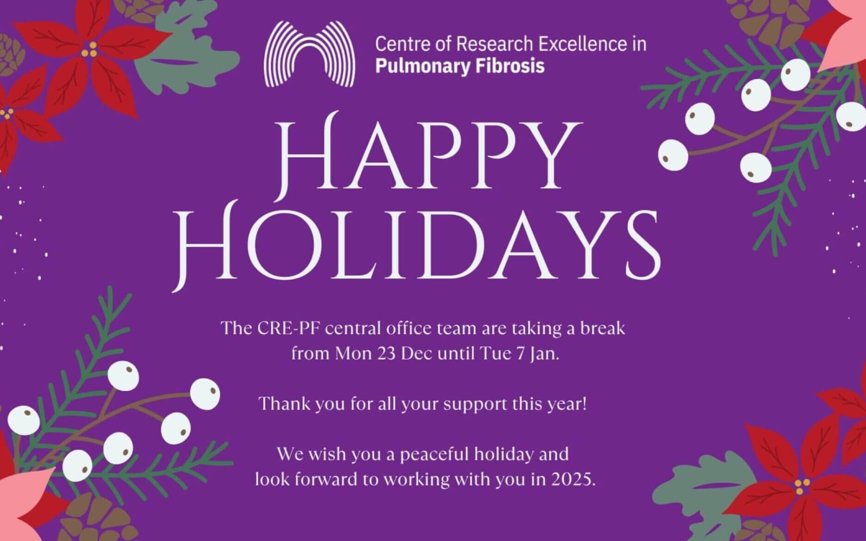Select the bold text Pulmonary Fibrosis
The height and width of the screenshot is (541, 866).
[460, 66]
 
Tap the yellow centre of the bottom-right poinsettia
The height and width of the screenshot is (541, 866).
[803, 485]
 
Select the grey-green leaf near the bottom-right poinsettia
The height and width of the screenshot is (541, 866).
[702, 496]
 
